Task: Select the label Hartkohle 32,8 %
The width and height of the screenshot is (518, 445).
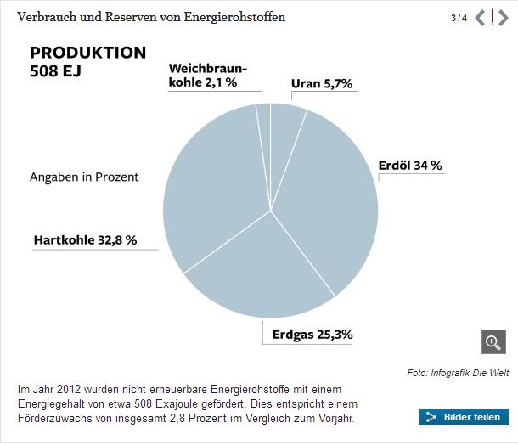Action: click(85, 240)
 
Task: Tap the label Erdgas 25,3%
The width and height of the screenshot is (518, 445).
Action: click(312, 334)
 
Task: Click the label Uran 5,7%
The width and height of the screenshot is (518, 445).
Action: click(321, 84)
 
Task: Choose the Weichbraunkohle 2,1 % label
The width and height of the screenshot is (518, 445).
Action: click(202, 75)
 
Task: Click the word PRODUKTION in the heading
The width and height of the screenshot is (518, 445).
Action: click(87, 53)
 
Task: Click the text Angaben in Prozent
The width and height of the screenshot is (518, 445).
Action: click(84, 177)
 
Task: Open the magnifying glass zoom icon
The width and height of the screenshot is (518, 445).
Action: click(493, 341)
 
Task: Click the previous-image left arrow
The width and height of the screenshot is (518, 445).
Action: click(480, 18)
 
